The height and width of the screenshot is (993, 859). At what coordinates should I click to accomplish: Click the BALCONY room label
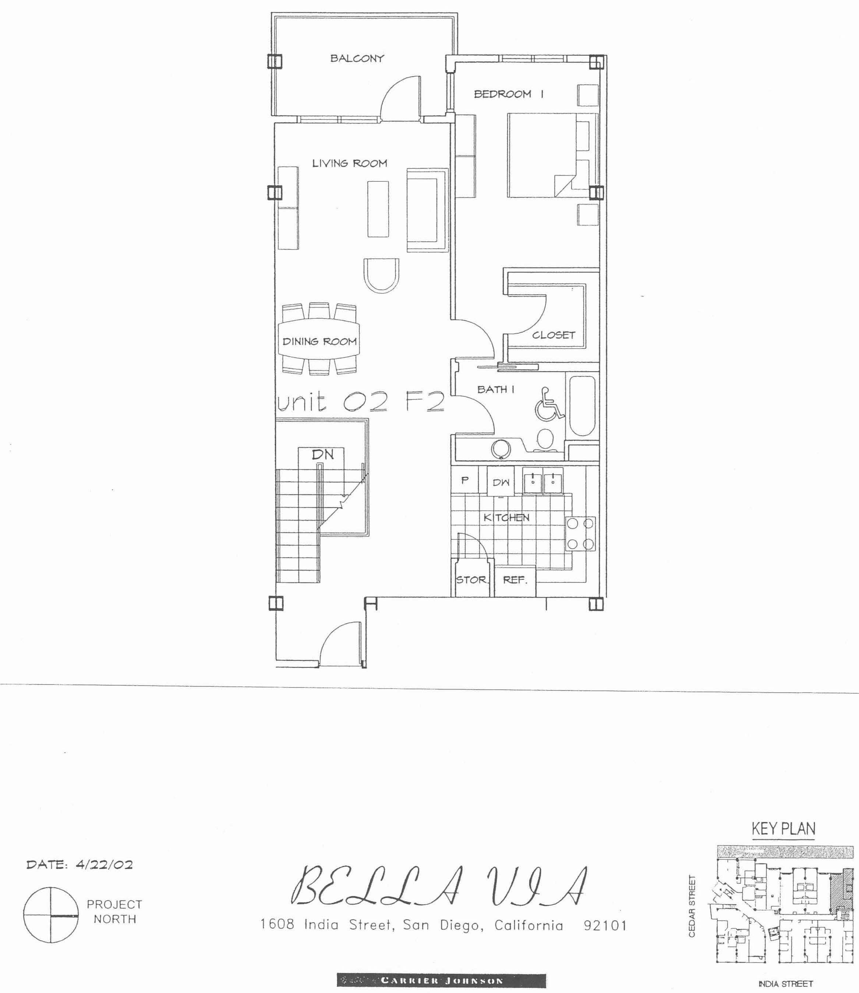click(357, 59)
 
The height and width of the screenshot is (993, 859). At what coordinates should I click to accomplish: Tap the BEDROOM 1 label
click(509, 94)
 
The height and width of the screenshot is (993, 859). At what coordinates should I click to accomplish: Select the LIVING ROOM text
click(349, 164)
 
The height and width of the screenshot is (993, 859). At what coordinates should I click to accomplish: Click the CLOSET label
click(554, 335)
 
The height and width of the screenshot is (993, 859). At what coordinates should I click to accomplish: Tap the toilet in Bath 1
click(545, 439)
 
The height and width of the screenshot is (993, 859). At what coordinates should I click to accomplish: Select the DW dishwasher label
click(501, 483)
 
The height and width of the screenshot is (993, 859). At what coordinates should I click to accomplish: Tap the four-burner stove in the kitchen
click(580, 533)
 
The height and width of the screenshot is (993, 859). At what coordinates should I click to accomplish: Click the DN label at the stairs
click(323, 454)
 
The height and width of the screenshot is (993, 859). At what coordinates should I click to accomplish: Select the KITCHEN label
click(507, 517)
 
